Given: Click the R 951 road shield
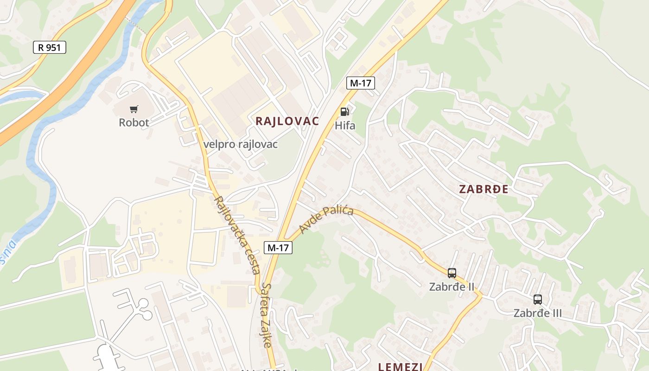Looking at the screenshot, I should tap(50, 47).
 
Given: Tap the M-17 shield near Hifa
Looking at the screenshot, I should tap(360, 83).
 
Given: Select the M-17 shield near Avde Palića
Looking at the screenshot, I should tap(278, 248).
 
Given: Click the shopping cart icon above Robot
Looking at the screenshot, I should tap(134, 109).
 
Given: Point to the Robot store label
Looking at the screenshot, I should tap(134, 122).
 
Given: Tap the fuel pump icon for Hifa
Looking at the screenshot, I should tap(344, 111).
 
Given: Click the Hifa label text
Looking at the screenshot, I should tap(345, 125).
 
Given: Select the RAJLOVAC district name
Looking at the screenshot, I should tap(287, 122).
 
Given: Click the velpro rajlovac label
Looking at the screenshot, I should tap(240, 144).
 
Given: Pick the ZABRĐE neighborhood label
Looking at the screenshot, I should tap(484, 189).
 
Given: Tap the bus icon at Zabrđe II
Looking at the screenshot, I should tap(452, 273).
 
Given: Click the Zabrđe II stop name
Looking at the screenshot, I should tap(452, 287).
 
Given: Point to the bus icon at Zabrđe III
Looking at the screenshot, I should tap(538, 300).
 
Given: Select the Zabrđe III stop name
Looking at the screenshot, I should tap(538, 313).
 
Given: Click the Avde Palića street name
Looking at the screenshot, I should tap(326, 220).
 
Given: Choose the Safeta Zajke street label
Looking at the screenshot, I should tap(266, 315).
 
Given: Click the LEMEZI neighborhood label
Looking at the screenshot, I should tap(400, 367).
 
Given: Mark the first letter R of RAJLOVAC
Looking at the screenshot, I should tap(259, 122).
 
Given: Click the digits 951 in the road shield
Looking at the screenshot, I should tap(54, 47).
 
